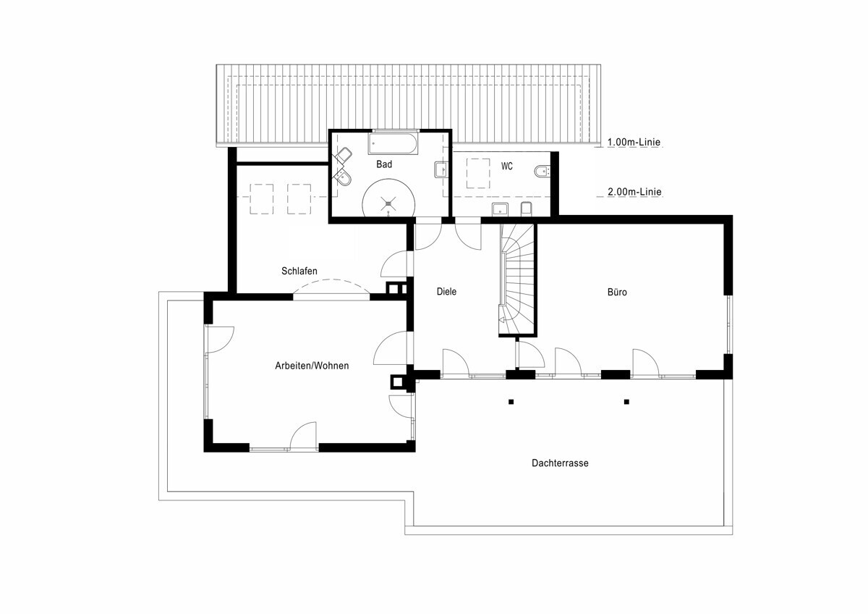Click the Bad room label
point(384,164)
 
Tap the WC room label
point(507,167)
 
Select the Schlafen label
point(299,271)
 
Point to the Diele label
point(446,292)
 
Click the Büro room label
point(617,292)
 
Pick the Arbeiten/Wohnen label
point(312,366)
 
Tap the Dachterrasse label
point(560,463)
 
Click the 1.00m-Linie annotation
point(634,142)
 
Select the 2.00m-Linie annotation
point(634,192)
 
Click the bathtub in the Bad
point(393,144)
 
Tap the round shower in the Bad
point(388,198)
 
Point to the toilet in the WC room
point(542,171)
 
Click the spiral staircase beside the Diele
point(517,279)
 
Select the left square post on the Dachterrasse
point(511,402)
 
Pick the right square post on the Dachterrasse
point(626,402)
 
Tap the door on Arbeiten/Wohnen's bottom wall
point(303,436)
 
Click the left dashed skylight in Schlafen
point(262,199)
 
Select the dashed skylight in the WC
point(478,173)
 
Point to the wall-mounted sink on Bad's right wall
point(441,169)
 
